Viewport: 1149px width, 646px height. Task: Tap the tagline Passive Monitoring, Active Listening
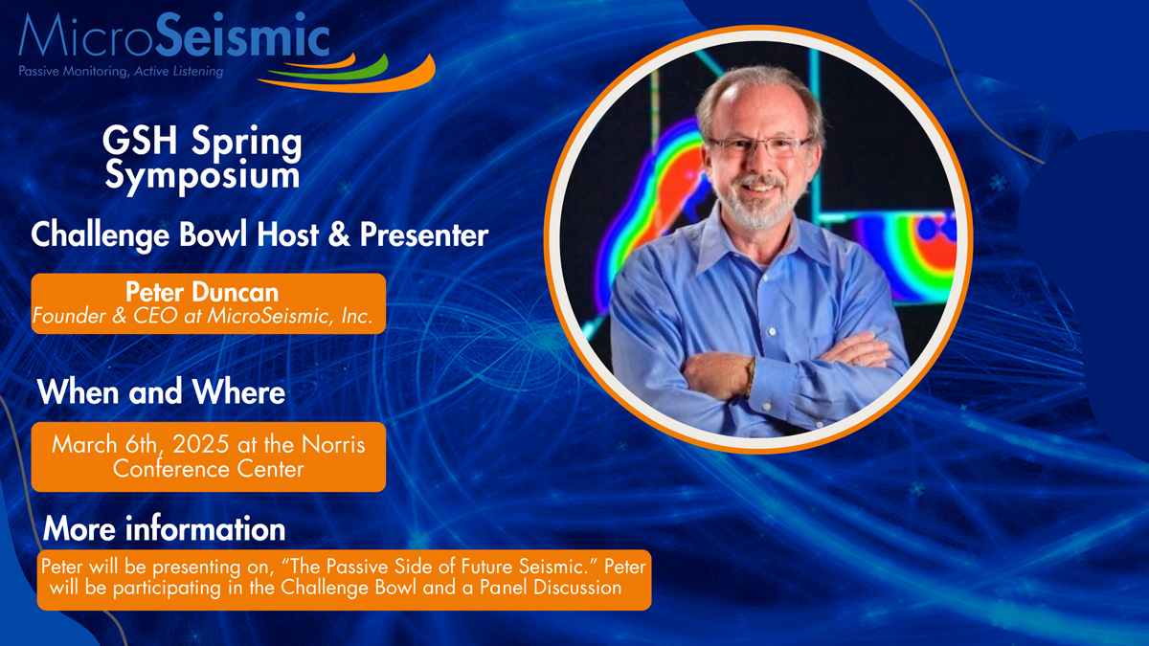click(x=121, y=71)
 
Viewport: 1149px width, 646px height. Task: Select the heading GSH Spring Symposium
click(x=202, y=158)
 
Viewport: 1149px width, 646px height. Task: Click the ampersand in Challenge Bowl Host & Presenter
click(x=339, y=234)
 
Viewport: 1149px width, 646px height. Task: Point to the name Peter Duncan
click(x=202, y=292)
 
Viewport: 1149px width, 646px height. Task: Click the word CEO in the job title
click(x=155, y=316)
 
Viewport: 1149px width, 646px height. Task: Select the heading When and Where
click(x=161, y=392)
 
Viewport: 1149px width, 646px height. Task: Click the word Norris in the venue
click(x=333, y=444)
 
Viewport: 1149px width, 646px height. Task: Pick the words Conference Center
click(x=209, y=469)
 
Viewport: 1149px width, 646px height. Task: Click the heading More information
click(x=164, y=528)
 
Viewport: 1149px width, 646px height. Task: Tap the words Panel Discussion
click(x=551, y=588)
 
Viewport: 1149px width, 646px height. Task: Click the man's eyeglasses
click(x=759, y=146)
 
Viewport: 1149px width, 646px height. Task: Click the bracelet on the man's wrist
click(x=751, y=378)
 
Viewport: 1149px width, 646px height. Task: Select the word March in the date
click(x=84, y=444)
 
